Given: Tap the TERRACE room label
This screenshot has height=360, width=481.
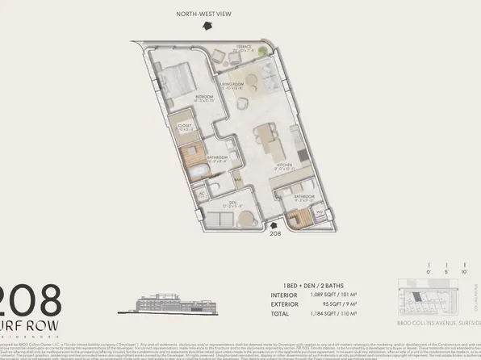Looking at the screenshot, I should coord(245,46).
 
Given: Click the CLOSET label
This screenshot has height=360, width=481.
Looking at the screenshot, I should coord(184,125).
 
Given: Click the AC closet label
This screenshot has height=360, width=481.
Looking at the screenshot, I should coord(201,195).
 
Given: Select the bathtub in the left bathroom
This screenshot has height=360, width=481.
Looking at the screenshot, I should coord(199,172).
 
